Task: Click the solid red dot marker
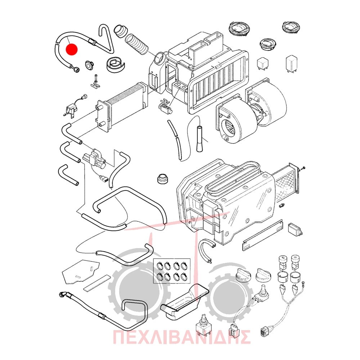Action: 71,49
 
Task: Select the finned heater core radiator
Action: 122,107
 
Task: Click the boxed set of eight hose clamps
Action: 171,271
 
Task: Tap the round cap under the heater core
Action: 163,179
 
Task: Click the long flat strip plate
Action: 263,235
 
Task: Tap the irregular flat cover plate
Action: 81,272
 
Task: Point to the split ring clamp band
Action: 116,64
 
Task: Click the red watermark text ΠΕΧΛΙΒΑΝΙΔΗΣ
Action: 181,337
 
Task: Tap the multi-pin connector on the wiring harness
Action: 264,331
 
